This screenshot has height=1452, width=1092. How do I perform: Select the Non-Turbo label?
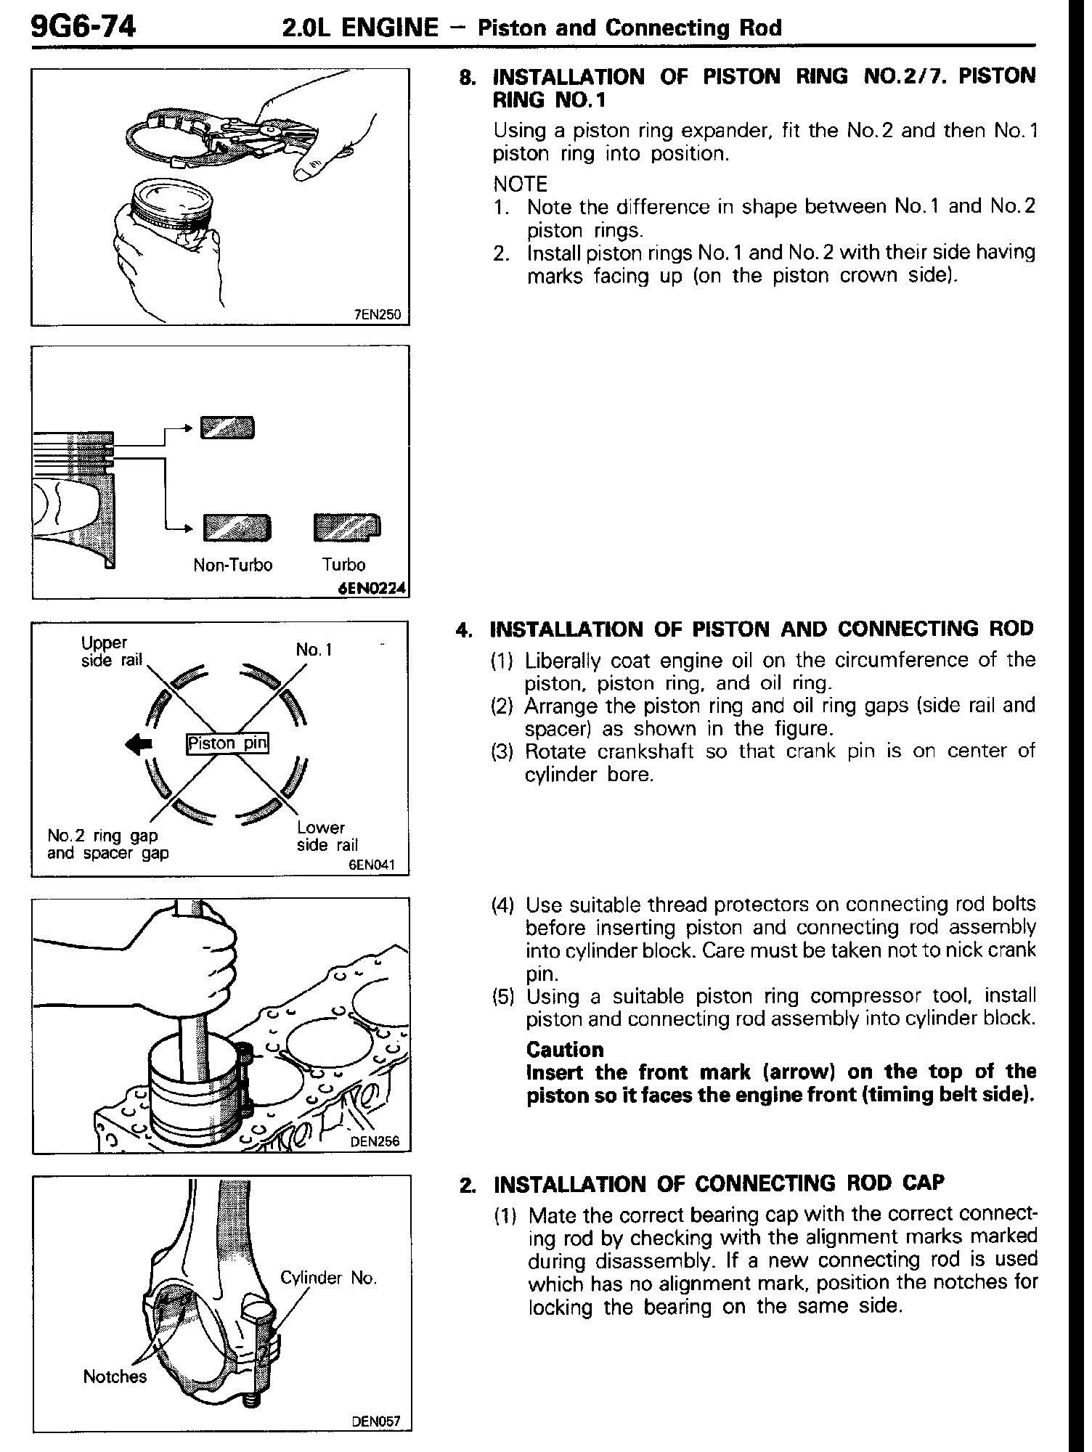(x=232, y=565)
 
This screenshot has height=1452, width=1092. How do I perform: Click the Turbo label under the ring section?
(x=344, y=565)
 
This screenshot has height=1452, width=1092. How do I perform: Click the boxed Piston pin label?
(x=227, y=743)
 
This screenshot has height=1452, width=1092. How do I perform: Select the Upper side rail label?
(x=111, y=651)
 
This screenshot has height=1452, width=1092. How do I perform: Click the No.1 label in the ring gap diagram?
(x=314, y=650)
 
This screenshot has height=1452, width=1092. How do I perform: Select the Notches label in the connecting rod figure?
(x=115, y=1376)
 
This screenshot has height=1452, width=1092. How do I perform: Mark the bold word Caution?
(x=565, y=1050)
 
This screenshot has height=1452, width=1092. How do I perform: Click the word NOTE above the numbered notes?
(x=520, y=184)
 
